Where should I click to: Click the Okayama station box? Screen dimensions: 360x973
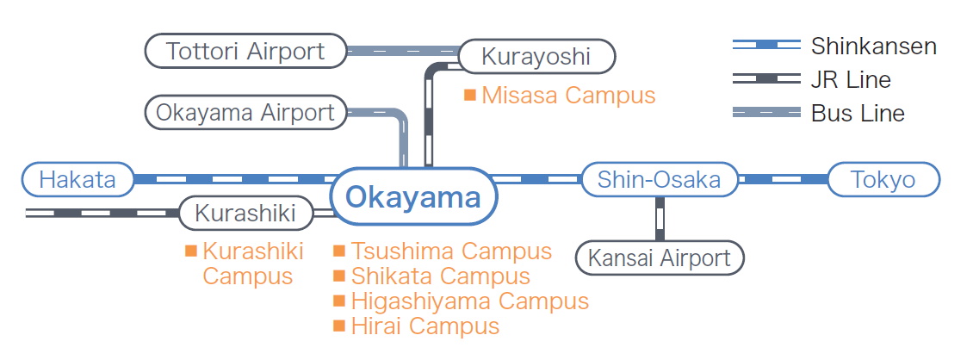414,197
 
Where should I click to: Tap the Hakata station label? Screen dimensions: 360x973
77,180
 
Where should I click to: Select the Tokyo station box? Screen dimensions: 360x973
883,180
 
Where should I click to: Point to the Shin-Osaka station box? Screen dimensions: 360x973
660,180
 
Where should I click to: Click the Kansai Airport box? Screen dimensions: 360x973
660,258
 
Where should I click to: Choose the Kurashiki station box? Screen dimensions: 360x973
245,214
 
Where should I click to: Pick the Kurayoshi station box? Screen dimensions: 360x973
536,57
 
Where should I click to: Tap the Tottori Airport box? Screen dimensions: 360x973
245,51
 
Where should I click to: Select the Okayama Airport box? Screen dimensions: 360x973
245,113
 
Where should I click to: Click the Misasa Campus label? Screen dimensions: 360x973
568,95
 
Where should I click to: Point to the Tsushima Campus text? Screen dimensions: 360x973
451,251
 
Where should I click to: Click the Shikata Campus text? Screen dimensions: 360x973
440,276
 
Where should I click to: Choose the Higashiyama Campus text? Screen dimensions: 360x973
469,301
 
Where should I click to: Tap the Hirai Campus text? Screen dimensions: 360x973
425,326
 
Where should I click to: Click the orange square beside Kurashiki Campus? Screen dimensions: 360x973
191,251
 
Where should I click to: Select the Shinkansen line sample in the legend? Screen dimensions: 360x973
765,46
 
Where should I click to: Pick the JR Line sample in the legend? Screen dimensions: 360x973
765,79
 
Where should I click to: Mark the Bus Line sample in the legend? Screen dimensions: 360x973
765,112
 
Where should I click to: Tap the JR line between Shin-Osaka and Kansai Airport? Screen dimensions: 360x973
660,219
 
